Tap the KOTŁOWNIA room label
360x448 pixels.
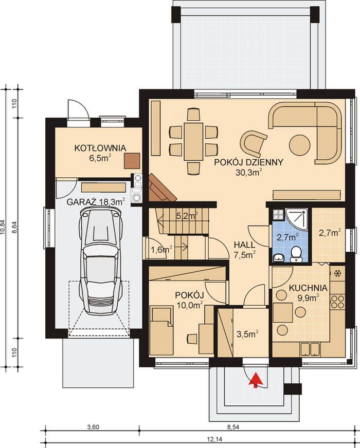click(x=100, y=148)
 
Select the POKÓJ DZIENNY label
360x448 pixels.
click(x=248, y=162)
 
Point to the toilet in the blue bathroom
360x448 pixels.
click(x=295, y=255)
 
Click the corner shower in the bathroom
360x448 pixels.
click(x=297, y=218)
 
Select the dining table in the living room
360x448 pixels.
click(x=193, y=141)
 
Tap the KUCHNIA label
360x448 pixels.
click(x=308, y=287)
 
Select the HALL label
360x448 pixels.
click(x=244, y=245)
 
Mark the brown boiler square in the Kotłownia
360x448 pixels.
click(x=132, y=161)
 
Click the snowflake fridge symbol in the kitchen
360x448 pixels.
click(x=337, y=273)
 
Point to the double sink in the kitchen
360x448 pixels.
click(x=310, y=349)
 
